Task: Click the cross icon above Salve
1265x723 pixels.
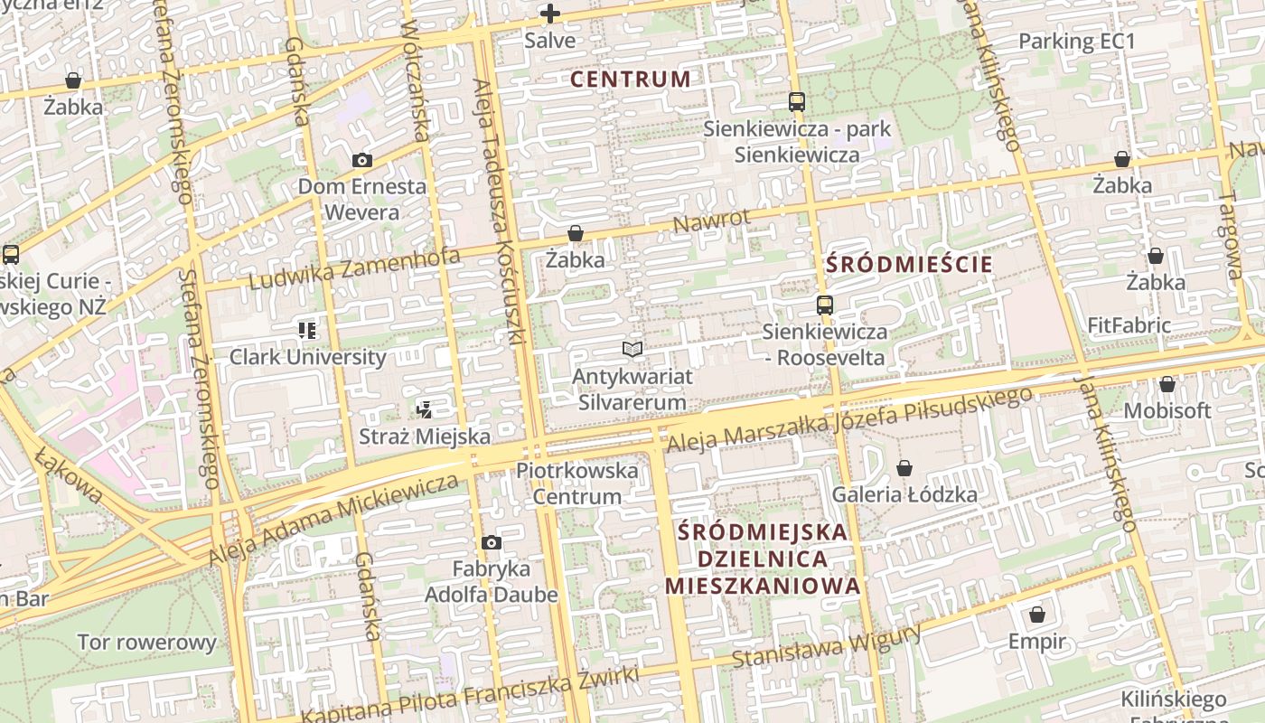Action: (x=549, y=14)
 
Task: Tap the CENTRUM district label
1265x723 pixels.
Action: (x=631, y=80)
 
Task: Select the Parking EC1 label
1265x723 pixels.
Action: (x=1076, y=42)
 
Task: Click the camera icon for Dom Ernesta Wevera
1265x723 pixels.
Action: (x=361, y=160)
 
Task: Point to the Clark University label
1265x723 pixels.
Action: (x=307, y=356)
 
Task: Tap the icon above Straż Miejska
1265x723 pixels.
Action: (x=424, y=409)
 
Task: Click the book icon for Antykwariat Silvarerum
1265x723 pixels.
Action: (x=632, y=349)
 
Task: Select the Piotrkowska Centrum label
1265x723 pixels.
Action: (x=576, y=483)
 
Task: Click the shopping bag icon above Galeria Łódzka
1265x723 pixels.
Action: (x=904, y=468)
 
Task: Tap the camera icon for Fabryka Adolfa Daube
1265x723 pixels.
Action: (x=491, y=542)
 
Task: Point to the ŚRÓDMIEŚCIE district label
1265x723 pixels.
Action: (x=909, y=265)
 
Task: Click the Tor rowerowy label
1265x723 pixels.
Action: (x=146, y=643)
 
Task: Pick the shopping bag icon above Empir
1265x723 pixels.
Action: (x=1037, y=615)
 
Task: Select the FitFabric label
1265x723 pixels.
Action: (x=1129, y=325)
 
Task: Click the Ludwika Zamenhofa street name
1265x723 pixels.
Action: (x=353, y=268)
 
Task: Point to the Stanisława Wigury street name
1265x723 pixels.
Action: (x=826, y=645)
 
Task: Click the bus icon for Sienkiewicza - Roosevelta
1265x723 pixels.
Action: (x=824, y=305)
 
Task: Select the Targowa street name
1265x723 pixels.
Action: (x=1232, y=235)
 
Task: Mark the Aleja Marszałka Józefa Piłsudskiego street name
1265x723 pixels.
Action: (x=848, y=420)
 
